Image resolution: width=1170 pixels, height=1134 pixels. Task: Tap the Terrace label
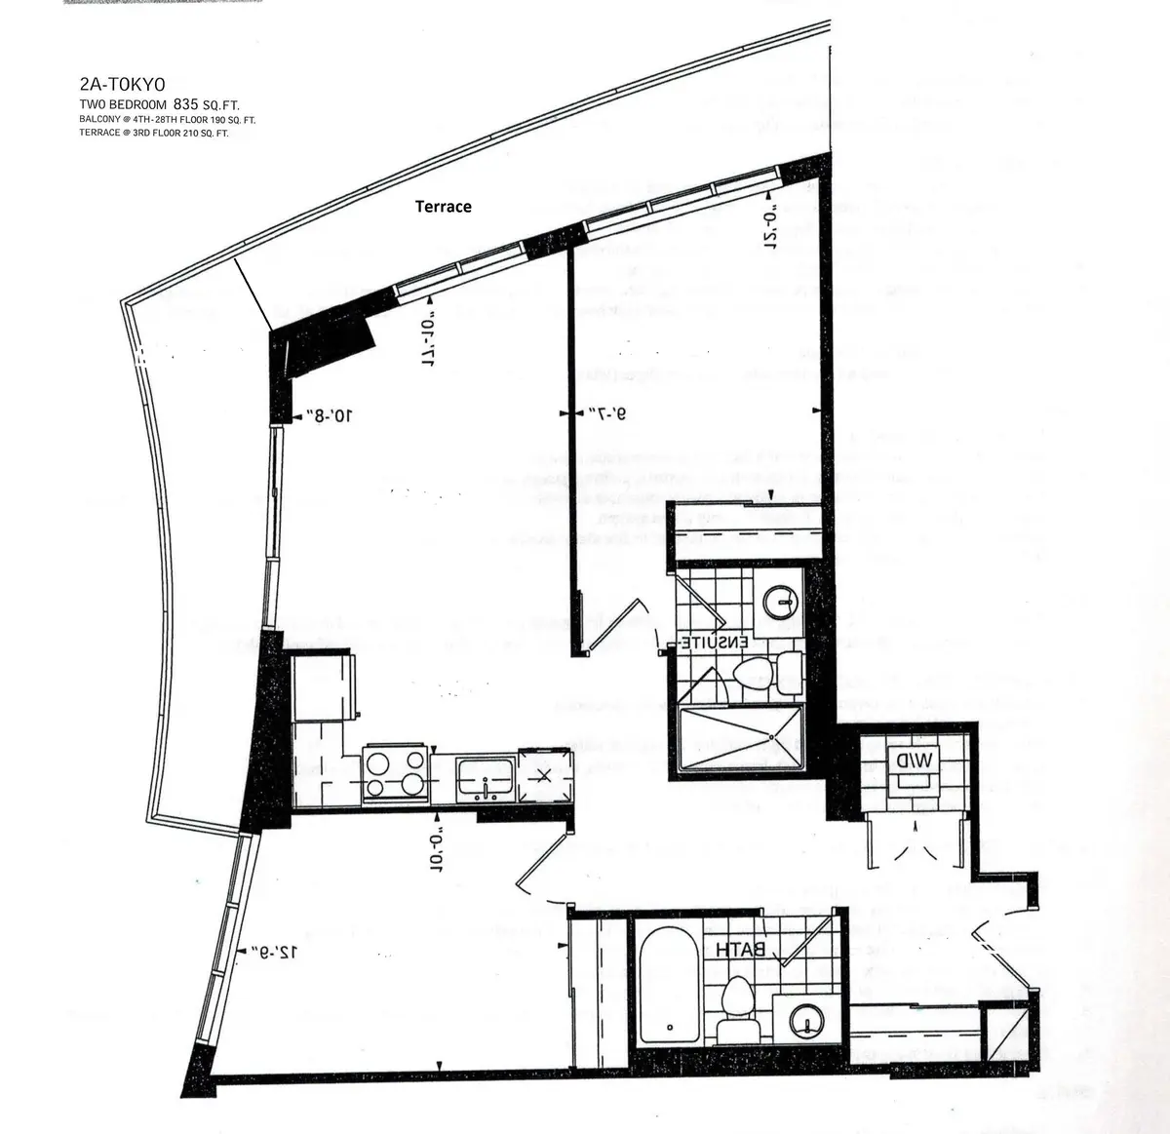pyautogui.click(x=443, y=207)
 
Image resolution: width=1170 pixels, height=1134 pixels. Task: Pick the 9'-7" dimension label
pyautogui.click(x=606, y=414)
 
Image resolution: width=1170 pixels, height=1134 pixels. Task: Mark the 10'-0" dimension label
pyautogui.click(x=437, y=850)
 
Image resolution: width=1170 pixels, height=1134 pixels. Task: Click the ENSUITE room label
pyautogui.click(x=714, y=643)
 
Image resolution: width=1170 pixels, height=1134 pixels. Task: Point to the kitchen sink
pyautogui.click(x=486, y=778)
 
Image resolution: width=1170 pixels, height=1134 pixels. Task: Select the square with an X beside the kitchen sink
pyautogui.click(x=542, y=775)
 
